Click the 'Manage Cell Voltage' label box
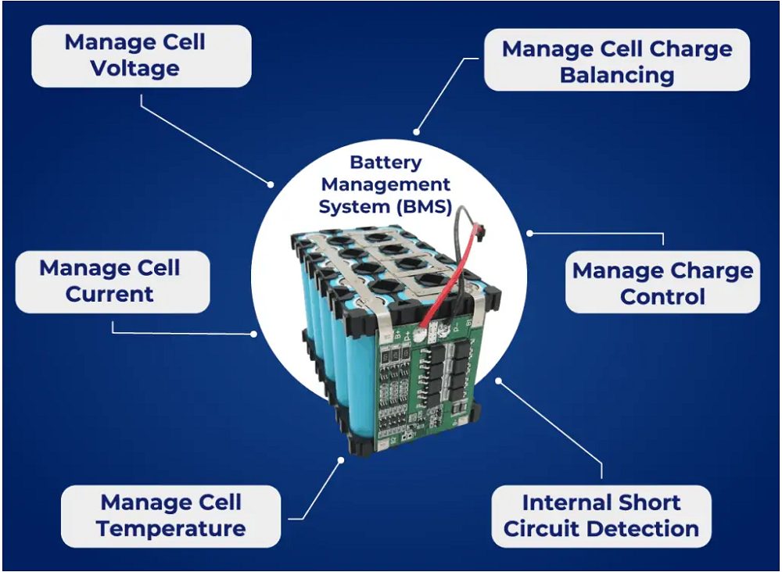tap(141, 55)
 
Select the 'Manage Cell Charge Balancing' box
tap(617, 62)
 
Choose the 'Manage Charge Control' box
tap(662, 283)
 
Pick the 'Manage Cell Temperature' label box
tap(170, 516)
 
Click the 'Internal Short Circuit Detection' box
tap(601, 516)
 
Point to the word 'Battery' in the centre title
tap(386, 163)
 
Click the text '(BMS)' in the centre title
tap(425, 208)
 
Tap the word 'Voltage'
tap(135, 69)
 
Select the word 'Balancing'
tap(617, 76)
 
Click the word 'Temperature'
tap(170, 529)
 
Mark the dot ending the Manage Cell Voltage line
tap(271, 185)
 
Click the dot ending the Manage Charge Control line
tap(529, 232)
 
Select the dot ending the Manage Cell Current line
tap(254, 334)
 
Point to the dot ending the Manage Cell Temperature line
tap(342, 459)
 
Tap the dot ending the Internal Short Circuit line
tap(499, 382)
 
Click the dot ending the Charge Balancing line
tap(416, 133)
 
